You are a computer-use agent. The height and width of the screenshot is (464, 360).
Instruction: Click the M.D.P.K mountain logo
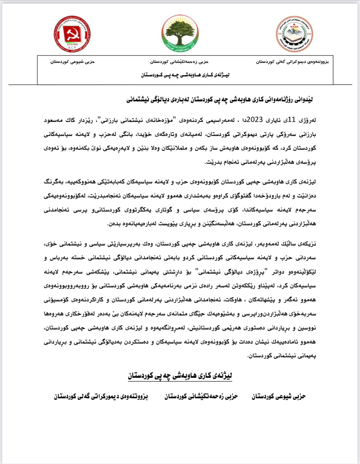point(294,34)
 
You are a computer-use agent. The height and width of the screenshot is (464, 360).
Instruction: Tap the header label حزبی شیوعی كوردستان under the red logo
point(72,62)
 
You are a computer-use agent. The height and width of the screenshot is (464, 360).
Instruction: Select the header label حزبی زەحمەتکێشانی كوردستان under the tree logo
point(179,62)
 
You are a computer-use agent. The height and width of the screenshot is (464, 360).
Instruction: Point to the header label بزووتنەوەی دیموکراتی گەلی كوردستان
point(292,62)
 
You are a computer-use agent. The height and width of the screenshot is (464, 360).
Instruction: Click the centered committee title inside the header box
point(185,75)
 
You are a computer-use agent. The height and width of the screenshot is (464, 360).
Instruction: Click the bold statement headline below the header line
point(219,100)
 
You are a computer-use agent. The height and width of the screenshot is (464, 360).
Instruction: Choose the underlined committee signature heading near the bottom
point(180,376)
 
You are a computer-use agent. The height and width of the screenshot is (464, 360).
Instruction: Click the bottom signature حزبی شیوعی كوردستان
point(279,396)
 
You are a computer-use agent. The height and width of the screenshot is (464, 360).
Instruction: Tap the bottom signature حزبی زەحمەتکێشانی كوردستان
point(201,396)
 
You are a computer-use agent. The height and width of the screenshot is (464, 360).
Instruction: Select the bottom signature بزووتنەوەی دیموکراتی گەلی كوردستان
point(101,396)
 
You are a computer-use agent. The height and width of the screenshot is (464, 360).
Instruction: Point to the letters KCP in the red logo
point(72,47)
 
